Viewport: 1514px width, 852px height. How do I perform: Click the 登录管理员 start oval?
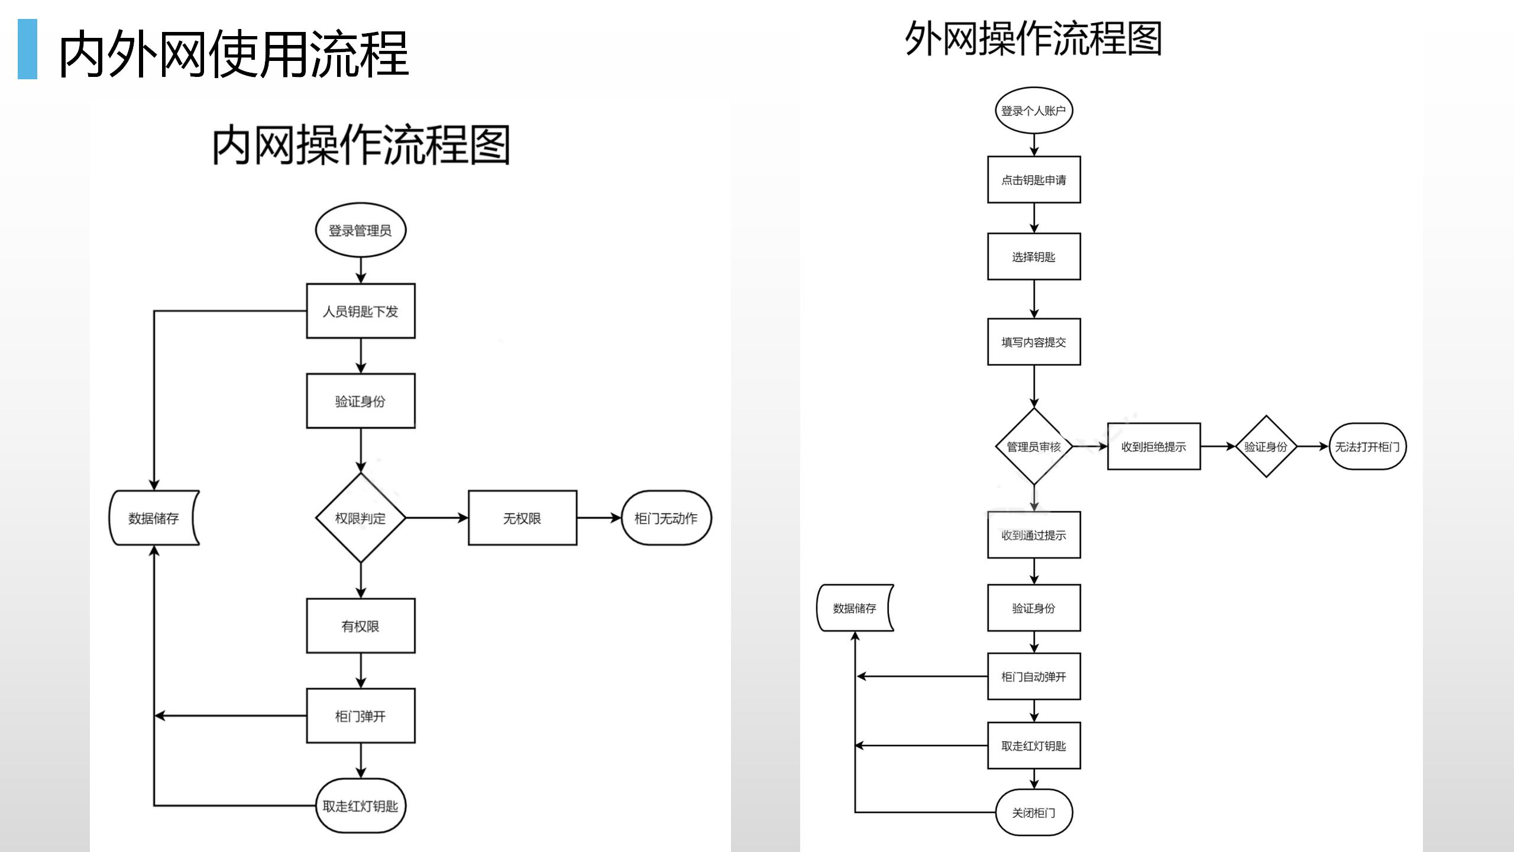[x=360, y=230]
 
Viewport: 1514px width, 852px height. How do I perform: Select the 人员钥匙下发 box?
[x=360, y=311]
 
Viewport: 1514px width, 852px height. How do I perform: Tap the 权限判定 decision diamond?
[x=360, y=518]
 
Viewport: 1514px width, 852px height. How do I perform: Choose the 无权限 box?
[x=522, y=518]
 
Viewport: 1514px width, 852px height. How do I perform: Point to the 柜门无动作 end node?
[x=666, y=518]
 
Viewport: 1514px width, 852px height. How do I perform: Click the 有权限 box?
[x=360, y=626]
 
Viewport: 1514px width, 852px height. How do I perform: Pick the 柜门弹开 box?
[x=360, y=716]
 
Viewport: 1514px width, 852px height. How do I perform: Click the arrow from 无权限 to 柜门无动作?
[x=599, y=518]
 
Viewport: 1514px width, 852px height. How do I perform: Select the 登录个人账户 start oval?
[x=1033, y=111]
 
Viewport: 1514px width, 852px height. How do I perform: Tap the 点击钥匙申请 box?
[x=1033, y=180]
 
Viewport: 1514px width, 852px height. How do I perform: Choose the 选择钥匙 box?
[x=1033, y=257]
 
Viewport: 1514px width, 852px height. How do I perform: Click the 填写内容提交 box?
[x=1033, y=342]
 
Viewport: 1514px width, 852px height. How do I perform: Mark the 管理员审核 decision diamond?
[x=1033, y=447]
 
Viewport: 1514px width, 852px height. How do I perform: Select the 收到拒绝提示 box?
[x=1153, y=447]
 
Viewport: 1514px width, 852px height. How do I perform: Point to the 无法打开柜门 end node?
[x=1367, y=447]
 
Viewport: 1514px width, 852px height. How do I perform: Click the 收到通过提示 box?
[x=1033, y=535]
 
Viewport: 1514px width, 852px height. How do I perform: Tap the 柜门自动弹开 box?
[x=1033, y=676]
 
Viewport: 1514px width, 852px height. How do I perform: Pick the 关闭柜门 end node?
[x=1033, y=812]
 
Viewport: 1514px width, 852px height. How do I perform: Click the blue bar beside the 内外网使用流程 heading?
[x=27, y=49]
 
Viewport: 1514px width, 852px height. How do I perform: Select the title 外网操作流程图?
[x=1033, y=39]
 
